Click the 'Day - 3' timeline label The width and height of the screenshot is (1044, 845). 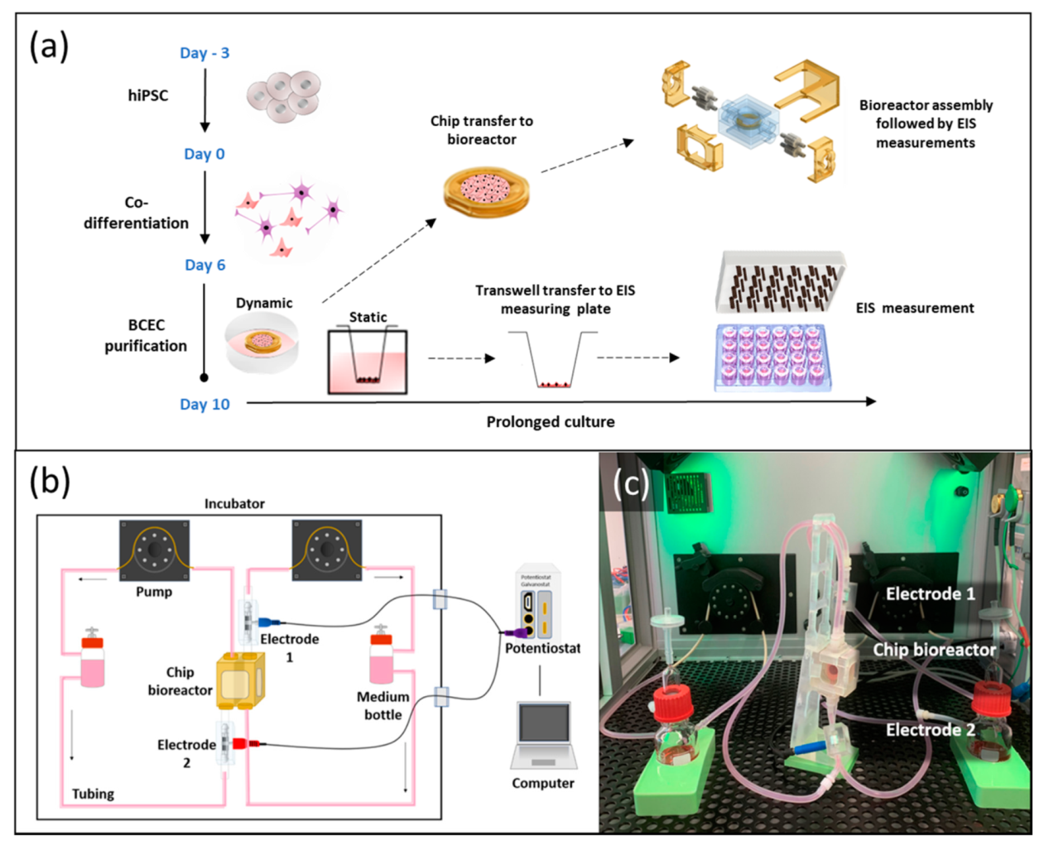204,53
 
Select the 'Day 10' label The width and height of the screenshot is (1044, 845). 204,404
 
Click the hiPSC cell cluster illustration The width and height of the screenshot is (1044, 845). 283,95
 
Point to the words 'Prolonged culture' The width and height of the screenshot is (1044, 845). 550,421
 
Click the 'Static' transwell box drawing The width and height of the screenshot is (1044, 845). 368,362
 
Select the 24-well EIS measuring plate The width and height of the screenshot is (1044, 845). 772,357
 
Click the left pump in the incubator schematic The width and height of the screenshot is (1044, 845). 154,550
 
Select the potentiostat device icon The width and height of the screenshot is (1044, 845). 537,604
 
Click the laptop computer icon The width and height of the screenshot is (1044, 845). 543,735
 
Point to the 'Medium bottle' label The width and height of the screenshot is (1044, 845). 382,705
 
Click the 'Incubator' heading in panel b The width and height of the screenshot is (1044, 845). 234,503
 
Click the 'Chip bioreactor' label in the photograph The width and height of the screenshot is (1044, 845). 933,650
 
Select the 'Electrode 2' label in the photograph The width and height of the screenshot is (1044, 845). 930,729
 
